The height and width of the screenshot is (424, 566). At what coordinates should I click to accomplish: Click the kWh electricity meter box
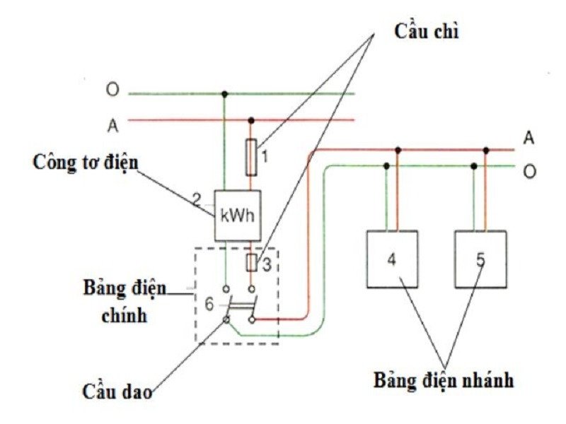coord(238,215)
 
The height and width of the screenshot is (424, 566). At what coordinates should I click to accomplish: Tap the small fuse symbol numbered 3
coord(251,264)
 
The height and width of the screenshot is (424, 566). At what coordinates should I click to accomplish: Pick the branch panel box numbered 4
coord(392,259)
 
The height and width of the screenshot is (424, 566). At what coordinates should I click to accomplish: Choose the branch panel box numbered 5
coord(480,259)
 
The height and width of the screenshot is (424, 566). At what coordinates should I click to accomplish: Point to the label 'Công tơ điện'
coord(86,161)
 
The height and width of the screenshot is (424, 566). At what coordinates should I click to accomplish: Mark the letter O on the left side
coord(112,90)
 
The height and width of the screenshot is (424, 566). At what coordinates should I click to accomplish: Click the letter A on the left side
coord(112,125)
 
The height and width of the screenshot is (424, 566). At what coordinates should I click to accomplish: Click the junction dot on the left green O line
coord(225,93)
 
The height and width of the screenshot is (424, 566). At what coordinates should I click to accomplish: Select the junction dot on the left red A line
coord(251,119)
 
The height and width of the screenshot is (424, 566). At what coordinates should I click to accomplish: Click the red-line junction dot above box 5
coord(486,150)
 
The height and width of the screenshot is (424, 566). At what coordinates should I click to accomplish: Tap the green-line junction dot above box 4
coord(386,166)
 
